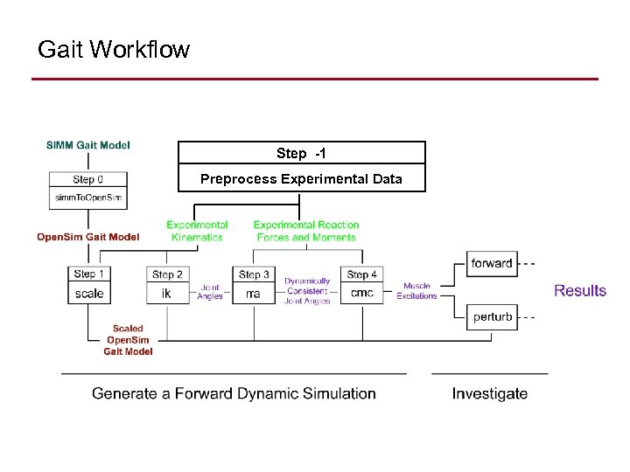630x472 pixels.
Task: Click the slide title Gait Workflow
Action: coord(113,50)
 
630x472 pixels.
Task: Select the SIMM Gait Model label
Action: coord(88,145)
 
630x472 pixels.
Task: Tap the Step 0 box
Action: coord(89,180)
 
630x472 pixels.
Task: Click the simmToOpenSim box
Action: coord(89,198)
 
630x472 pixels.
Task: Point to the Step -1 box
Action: coord(301,153)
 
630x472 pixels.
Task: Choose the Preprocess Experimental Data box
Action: coord(301,178)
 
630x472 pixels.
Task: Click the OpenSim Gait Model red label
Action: coord(87,237)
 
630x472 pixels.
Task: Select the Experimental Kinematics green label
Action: coord(197,231)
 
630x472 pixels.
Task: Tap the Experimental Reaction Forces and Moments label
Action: coord(306,231)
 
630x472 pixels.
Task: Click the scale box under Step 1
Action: coord(89,294)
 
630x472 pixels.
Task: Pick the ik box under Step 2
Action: coord(166,294)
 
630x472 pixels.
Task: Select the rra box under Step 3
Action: coord(254,294)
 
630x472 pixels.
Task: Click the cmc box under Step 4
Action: coord(361,294)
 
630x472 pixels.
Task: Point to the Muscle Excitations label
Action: coord(416,291)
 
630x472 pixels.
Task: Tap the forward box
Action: coord(492,263)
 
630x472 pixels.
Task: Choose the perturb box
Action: coord(492,316)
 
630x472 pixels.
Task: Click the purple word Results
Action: coord(579,290)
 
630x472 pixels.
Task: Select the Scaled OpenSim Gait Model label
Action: coord(128,340)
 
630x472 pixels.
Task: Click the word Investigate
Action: coord(489,393)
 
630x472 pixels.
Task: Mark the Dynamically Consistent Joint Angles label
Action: coord(307,291)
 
